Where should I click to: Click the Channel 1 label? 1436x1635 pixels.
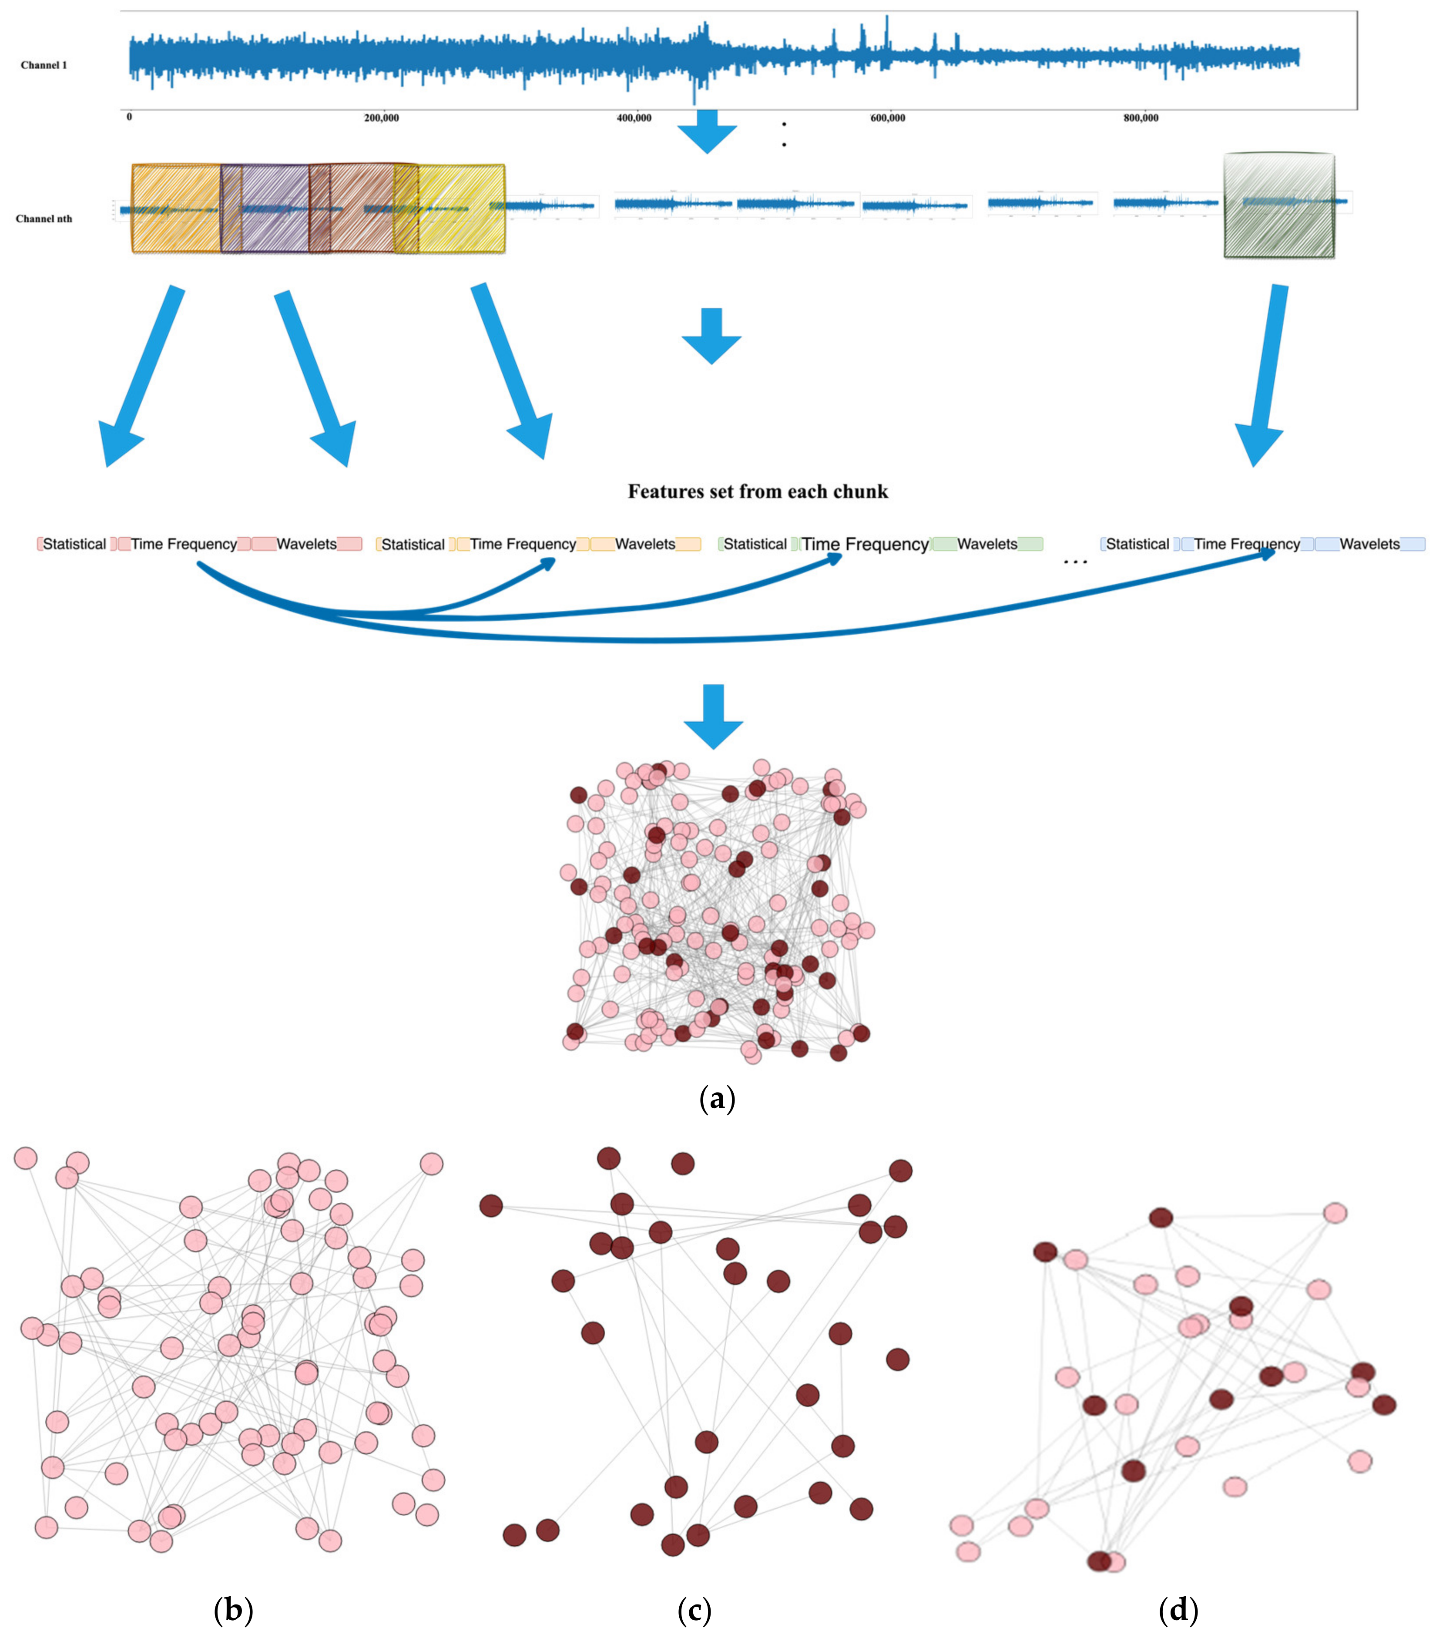44,66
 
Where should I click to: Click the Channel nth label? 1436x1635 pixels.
44,219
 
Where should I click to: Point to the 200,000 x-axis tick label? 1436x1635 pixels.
381,118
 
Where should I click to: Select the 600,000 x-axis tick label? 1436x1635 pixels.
888,118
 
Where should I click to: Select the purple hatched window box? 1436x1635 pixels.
272,208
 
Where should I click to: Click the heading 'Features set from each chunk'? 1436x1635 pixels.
757,491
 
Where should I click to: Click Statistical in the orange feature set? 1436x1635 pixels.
413,545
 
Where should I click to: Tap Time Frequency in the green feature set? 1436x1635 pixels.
865,544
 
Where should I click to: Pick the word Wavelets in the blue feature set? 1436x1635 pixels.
1369,544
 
